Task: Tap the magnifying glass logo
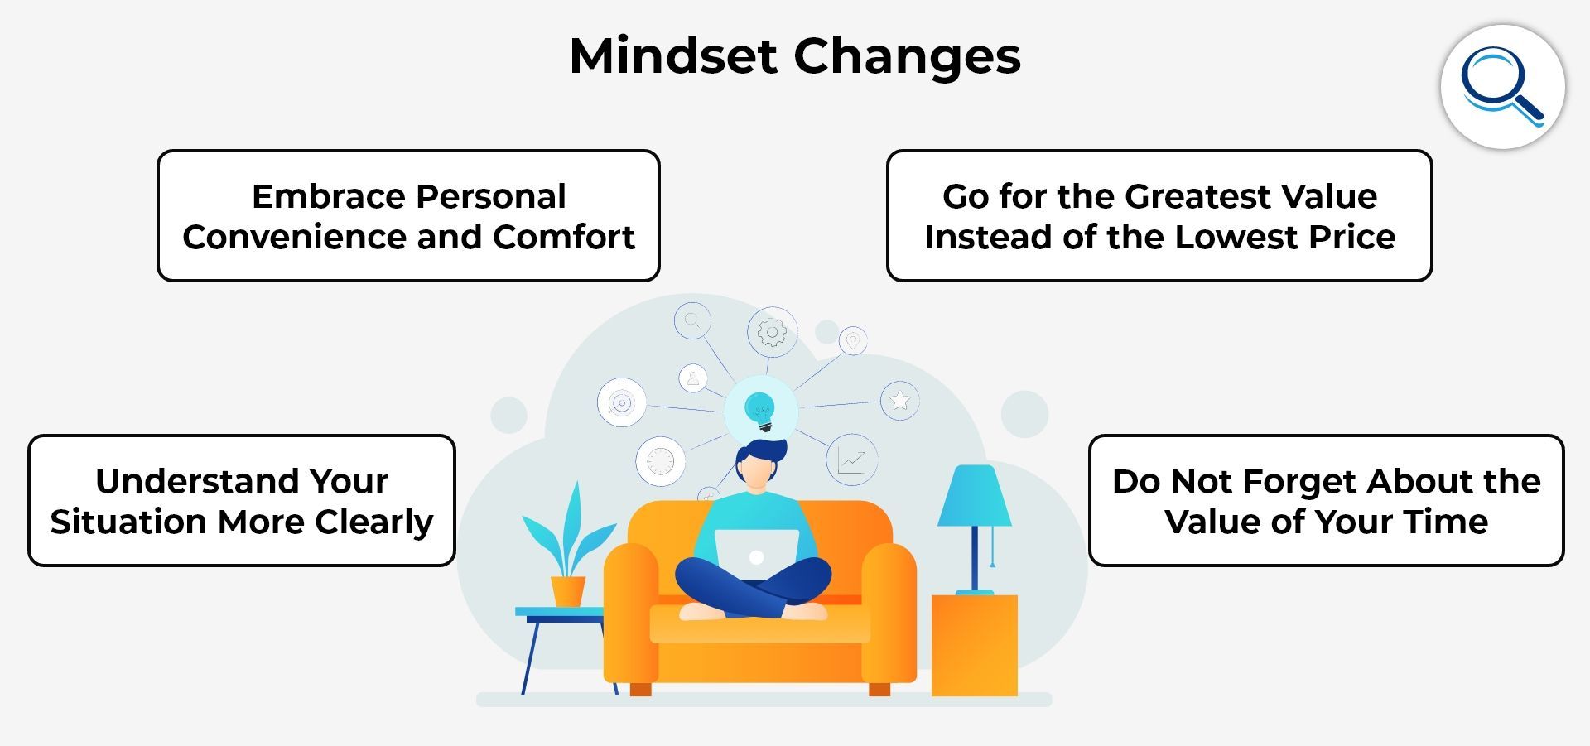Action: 1502,87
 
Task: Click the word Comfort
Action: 563,237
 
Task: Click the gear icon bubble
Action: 772,332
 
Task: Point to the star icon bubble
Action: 899,401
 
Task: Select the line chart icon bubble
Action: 851,460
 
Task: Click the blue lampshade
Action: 974,495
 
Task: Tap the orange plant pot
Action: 568,591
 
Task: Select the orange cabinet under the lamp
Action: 974,645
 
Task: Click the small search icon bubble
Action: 692,321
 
